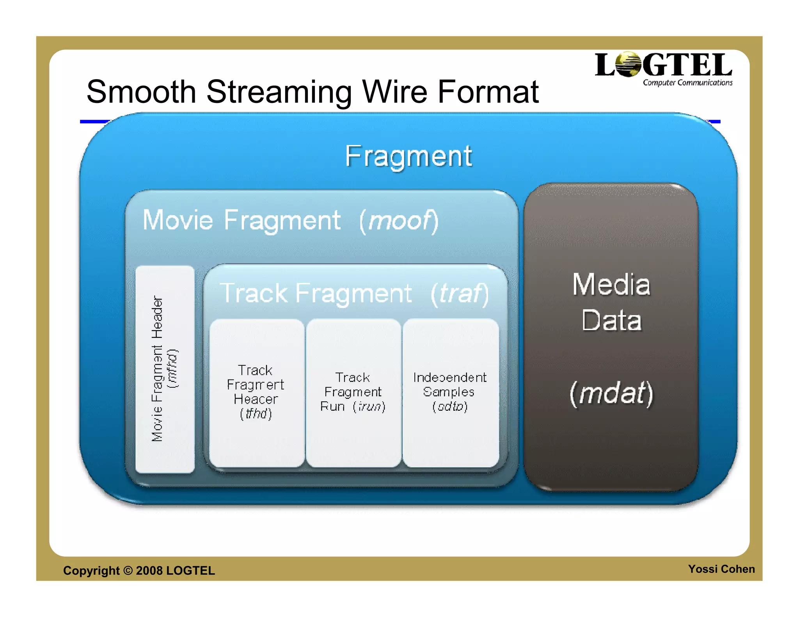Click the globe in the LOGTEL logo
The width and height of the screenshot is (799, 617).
click(x=628, y=64)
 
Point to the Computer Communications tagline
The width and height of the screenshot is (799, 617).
click(x=687, y=83)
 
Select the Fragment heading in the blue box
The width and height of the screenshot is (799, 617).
click(x=408, y=156)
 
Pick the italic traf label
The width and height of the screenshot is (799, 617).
click(x=460, y=294)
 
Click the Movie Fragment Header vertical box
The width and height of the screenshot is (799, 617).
click(x=165, y=369)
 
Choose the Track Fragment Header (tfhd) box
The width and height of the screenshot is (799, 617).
click(x=256, y=392)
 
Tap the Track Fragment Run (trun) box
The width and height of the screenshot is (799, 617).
click(x=353, y=392)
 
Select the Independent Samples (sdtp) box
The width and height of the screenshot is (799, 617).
click(x=450, y=392)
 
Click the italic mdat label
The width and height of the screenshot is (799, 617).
click(x=611, y=393)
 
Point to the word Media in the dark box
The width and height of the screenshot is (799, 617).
click(x=611, y=285)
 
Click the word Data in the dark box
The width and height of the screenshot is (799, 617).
click(x=611, y=321)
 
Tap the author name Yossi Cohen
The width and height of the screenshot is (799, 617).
click(x=721, y=569)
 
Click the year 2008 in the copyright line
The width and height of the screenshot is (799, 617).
click(x=149, y=571)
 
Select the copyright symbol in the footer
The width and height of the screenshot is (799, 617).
click(x=128, y=571)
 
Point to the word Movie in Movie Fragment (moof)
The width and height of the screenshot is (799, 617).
click(x=178, y=220)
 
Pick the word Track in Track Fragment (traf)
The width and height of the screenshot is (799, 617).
click(x=254, y=293)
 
